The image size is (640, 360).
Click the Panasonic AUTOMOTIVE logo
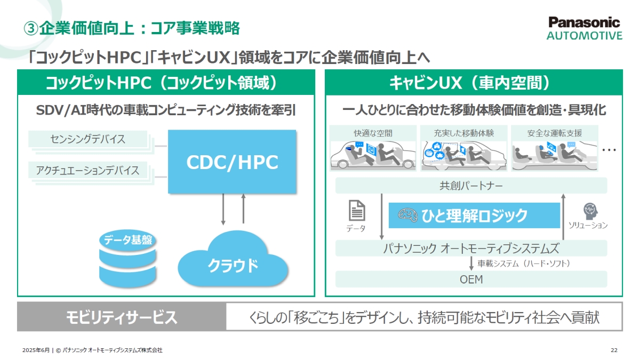(x=584, y=28)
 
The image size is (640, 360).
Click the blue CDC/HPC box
(x=232, y=162)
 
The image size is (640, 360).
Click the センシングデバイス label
(x=88, y=139)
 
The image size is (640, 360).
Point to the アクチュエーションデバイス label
(x=88, y=171)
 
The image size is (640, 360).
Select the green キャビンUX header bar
(x=474, y=83)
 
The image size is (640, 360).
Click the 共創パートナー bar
(x=471, y=186)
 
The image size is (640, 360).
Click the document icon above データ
(x=357, y=211)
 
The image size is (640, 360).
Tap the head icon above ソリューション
(x=589, y=210)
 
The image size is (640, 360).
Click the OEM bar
(x=471, y=279)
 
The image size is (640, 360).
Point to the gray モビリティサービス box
(x=122, y=317)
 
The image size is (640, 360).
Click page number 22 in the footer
(x=614, y=350)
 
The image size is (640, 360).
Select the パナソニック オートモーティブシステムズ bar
(x=471, y=248)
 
